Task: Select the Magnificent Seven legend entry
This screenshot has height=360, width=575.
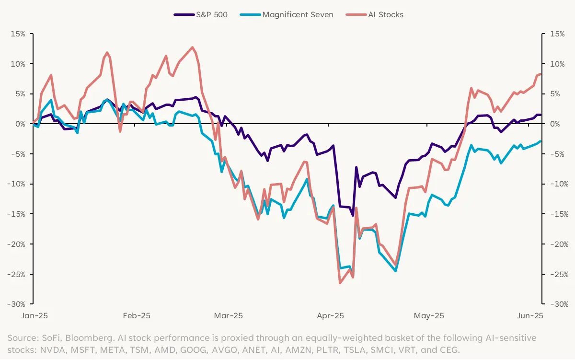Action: click(298, 14)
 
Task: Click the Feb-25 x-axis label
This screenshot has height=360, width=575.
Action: click(137, 316)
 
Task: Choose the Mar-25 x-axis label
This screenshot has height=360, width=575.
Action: click(229, 316)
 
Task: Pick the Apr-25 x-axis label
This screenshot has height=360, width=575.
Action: click(331, 316)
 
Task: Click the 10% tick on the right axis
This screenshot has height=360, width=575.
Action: click(557, 64)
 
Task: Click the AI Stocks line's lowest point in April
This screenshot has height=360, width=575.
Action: click(340, 283)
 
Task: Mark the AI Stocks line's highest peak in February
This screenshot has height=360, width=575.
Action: click(193, 47)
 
